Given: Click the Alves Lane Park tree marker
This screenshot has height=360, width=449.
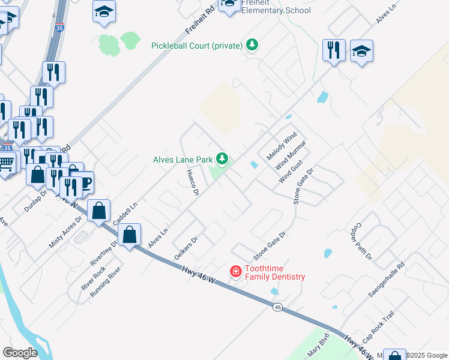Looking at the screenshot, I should pos(223,159).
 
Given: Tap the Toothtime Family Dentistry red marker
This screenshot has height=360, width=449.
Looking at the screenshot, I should pos(236,272).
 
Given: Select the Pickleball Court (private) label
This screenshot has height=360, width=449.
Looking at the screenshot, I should pos(197,46).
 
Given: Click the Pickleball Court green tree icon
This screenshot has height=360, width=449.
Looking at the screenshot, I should pos(253,45).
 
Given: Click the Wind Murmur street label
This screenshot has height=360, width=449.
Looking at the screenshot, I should pos(291,155).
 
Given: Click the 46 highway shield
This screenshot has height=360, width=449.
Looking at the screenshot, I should pos(277,307).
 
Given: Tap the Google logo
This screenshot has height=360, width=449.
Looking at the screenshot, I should pos(20,353).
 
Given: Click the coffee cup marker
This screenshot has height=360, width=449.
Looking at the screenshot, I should pos(84,181).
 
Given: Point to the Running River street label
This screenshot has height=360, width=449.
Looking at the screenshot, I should pos(105,281).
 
